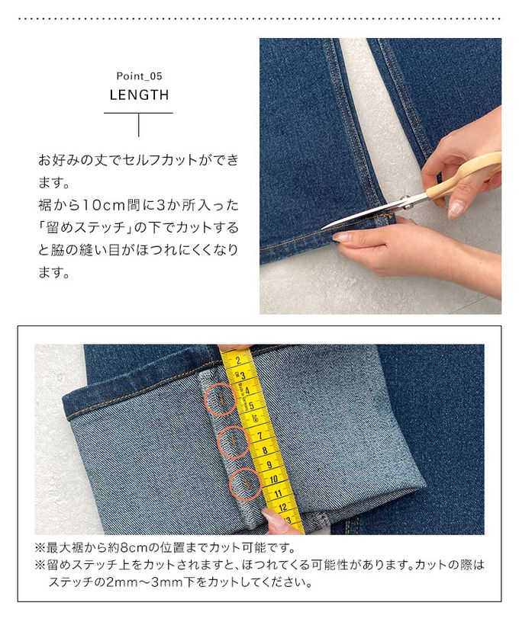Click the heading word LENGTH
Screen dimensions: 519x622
[139, 95]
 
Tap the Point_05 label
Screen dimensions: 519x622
[139, 75]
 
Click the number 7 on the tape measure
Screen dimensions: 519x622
[259, 435]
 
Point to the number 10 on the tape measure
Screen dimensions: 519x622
[273, 479]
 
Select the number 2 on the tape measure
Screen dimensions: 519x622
[238, 361]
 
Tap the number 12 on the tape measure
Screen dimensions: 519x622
[282, 508]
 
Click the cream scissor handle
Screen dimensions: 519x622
[465, 177]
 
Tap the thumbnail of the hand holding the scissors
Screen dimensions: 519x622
[455, 208]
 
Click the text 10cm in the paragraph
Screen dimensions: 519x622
[104, 205]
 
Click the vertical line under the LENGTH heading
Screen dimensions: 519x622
[139, 125]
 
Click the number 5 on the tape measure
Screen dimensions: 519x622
[251, 405]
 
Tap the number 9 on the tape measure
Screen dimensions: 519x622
[269, 463]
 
